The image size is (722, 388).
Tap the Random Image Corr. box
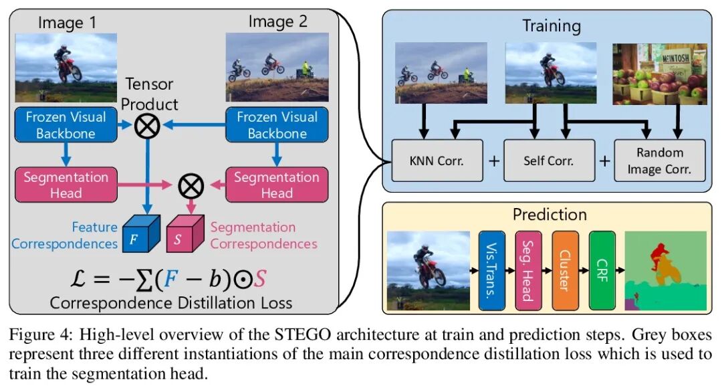pos(660,161)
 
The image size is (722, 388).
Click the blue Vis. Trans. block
pos(493,270)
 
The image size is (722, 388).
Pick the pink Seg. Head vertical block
pos(529,270)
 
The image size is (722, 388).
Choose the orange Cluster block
pos(566,270)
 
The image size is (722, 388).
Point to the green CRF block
pos(602,270)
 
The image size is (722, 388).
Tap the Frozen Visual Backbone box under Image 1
pos(66,125)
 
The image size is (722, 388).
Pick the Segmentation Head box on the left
pos(66,185)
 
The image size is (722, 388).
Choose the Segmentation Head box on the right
pos(276,185)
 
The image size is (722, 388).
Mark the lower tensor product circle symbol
pos(191,185)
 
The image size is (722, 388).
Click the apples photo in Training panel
pos(660,74)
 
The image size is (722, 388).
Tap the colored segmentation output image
pos(665,270)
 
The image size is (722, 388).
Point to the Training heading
pos(551,27)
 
